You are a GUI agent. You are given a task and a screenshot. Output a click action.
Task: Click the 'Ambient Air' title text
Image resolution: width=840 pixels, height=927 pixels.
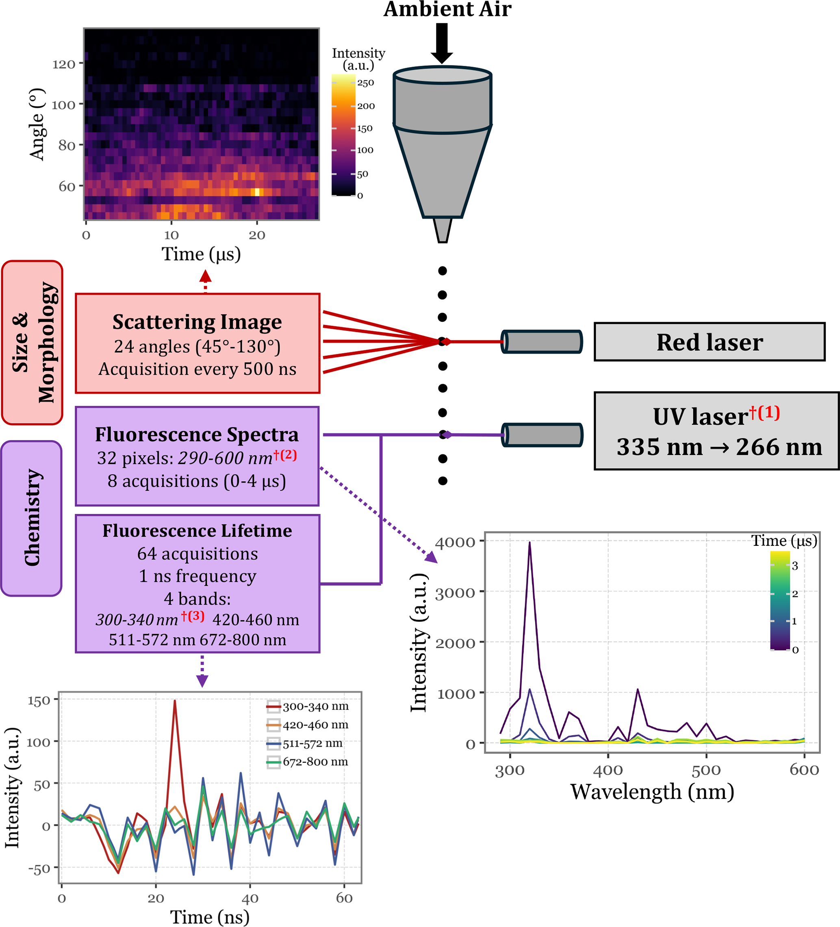coord(447,9)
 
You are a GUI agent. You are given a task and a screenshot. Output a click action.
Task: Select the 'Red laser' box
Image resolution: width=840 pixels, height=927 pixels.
coord(709,342)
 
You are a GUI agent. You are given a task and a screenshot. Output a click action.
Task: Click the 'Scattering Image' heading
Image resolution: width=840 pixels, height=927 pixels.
coord(197,322)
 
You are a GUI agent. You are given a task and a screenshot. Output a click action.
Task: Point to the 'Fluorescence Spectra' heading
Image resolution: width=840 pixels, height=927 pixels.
coord(197,434)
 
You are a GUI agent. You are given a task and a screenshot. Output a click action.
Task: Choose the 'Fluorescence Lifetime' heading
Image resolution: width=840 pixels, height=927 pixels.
coord(197,531)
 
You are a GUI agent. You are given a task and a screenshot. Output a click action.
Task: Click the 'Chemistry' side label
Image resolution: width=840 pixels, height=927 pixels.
coord(32,518)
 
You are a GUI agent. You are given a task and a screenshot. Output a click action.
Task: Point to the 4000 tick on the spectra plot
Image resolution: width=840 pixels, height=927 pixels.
coord(455,543)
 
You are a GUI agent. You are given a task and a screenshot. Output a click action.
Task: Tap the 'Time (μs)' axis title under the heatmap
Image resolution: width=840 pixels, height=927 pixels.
coord(201,254)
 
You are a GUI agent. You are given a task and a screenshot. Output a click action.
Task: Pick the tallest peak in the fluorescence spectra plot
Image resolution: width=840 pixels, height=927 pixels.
coord(530,543)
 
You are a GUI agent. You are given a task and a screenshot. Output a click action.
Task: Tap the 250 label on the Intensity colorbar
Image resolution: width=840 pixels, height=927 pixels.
coord(365,83)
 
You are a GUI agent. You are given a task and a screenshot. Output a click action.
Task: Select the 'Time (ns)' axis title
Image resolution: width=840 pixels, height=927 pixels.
coord(210,917)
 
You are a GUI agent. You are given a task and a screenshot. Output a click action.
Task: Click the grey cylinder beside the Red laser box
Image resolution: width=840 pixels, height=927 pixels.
coord(542,342)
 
